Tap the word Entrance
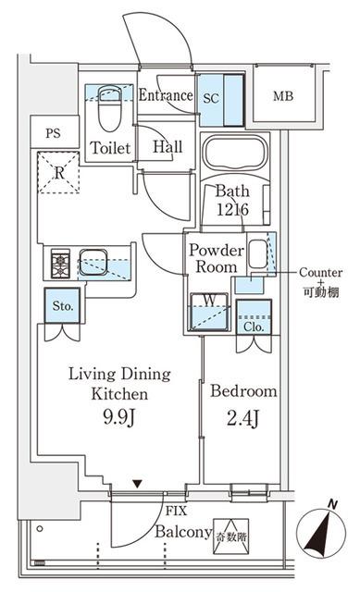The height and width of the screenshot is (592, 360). [166, 95]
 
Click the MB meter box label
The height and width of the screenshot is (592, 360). [284, 95]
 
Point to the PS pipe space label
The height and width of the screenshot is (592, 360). [52, 132]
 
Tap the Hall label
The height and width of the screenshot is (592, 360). [167, 148]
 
